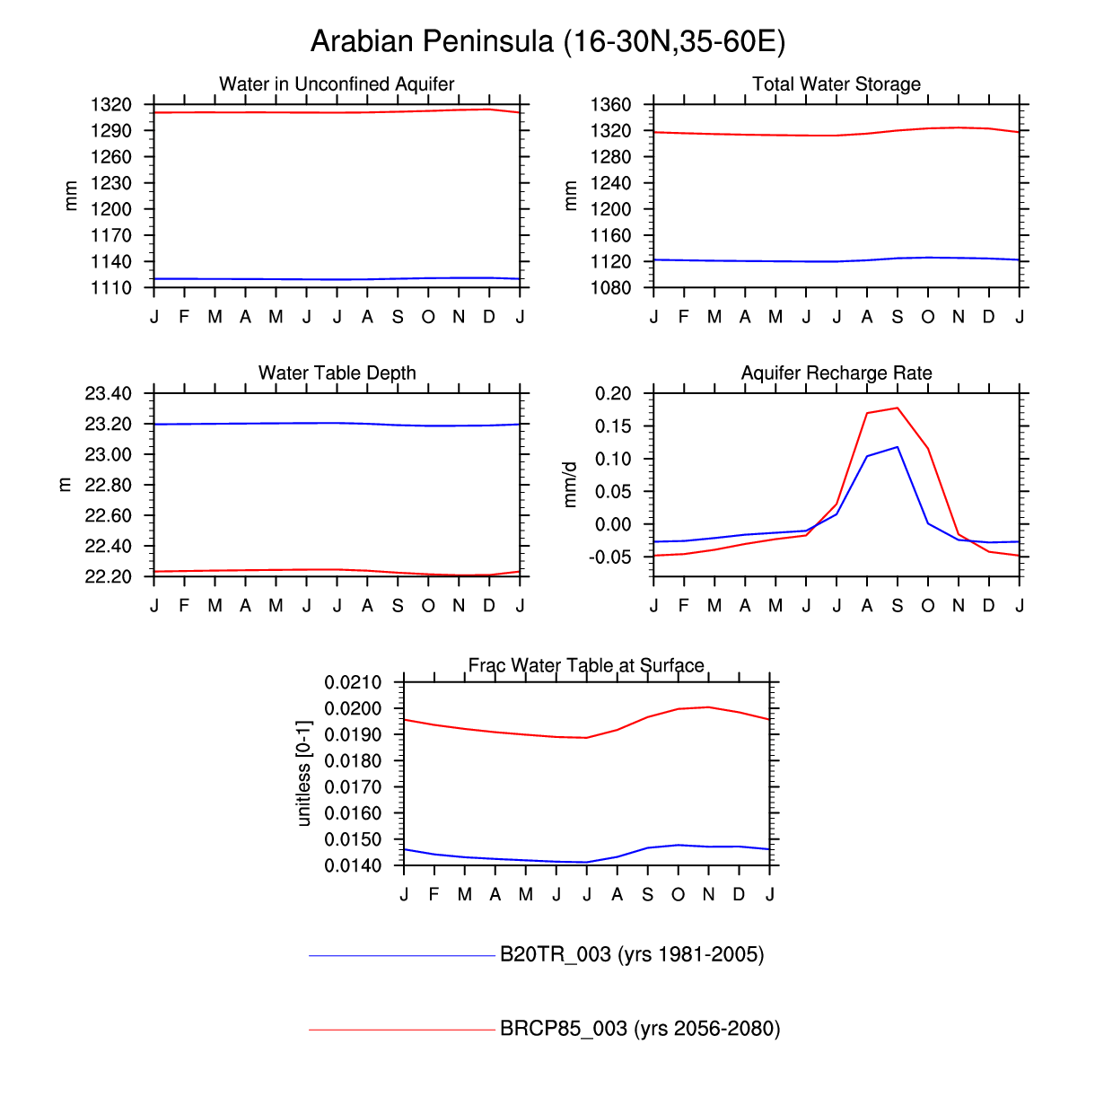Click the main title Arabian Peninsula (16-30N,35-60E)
pyautogui.click(x=547, y=41)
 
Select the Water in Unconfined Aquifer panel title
pyautogui.click(x=337, y=84)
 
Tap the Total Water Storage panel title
pyautogui.click(x=837, y=84)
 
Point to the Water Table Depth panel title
pyautogui.click(x=337, y=373)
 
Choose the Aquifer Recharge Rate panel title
pyautogui.click(x=837, y=373)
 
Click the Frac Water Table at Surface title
pyautogui.click(x=586, y=665)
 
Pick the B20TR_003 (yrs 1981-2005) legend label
pyautogui.click(x=632, y=954)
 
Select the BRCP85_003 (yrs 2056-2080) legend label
pyautogui.click(x=640, y=1029)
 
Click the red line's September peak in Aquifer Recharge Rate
pyautogui.click(x=898, y=408)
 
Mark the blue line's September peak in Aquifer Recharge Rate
pyautogui.click(x=898, y=447)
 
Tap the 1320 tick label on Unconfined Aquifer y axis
pyautogui.click(x=111, y=105)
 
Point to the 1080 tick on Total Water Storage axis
pyautogui.click(x=610, y=288)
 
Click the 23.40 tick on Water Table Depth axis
pyautogui.click(x=108, y=394)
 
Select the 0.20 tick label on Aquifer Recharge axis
pyautogui.click(x=613, y=394)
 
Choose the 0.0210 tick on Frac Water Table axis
pyautogui.click(x=353, y=683)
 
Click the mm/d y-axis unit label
pyautogui.click(x=569, y=485)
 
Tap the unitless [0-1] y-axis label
pyautogui.click(x=303, y=773)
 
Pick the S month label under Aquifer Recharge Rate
pyautogui.click(x=898, y=606)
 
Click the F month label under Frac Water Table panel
pyautogui.click(x=434, y=895)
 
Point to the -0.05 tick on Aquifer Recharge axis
pyautogui.click(x=611, y=557)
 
